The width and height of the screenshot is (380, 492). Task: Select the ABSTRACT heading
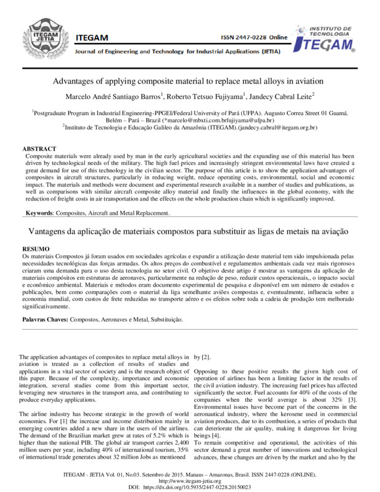[39, 149]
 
